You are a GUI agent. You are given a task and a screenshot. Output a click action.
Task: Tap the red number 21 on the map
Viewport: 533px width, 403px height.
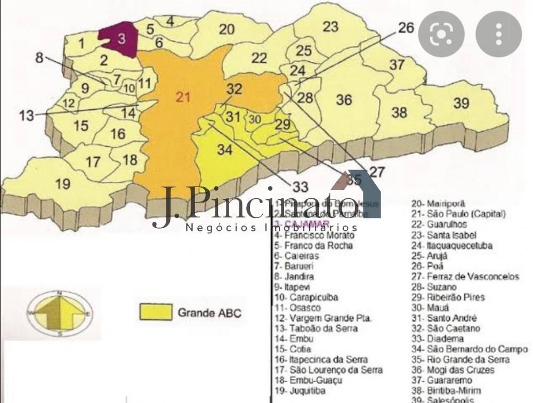click(183, 97)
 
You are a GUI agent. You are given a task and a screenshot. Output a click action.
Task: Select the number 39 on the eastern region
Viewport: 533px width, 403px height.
click(461, 103)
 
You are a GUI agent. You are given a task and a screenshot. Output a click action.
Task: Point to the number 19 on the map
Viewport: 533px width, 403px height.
click(62, 184)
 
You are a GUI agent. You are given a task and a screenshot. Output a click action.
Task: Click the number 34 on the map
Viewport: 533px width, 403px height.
click(224, 150)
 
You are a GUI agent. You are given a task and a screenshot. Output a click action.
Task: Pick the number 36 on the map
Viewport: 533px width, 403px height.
click(344, 100)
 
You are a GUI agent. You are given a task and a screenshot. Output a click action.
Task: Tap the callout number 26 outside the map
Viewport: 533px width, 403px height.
click(406, 28)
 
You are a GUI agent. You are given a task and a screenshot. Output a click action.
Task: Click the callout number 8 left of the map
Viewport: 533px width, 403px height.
click(39, 58)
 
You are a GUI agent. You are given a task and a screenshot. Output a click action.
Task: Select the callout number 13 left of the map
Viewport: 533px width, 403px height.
click(26, 115)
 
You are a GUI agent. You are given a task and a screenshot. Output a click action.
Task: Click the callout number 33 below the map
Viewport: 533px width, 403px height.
click(300, 187)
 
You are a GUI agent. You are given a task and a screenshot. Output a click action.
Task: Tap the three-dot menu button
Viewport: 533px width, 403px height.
click(498, 34)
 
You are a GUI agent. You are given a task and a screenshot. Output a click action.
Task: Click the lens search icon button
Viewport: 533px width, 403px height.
click(441, 34)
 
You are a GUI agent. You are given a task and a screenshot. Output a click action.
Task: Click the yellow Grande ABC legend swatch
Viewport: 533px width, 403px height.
click(156, 312)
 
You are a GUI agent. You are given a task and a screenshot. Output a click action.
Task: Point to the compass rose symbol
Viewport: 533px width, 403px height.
click(60, 313)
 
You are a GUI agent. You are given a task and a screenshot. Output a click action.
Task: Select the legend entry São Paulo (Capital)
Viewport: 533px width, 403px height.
click(458, 214)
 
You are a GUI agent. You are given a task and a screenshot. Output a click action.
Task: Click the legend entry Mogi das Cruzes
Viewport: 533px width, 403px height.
click(460, 370)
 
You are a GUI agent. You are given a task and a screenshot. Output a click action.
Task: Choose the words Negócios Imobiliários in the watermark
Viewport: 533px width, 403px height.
click(272, 228)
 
